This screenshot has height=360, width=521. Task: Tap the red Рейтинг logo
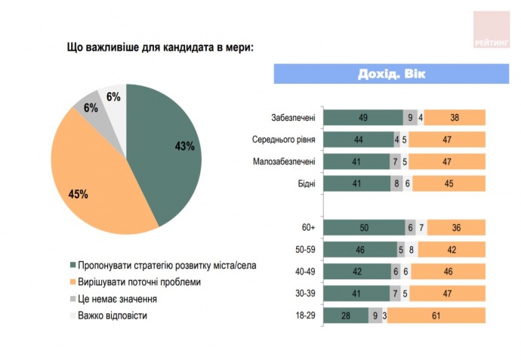pos(491,29)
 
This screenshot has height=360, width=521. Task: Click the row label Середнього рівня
pos(283,140)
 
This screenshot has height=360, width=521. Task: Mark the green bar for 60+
pos(363,227)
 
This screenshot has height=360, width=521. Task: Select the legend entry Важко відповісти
pos(116,315)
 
